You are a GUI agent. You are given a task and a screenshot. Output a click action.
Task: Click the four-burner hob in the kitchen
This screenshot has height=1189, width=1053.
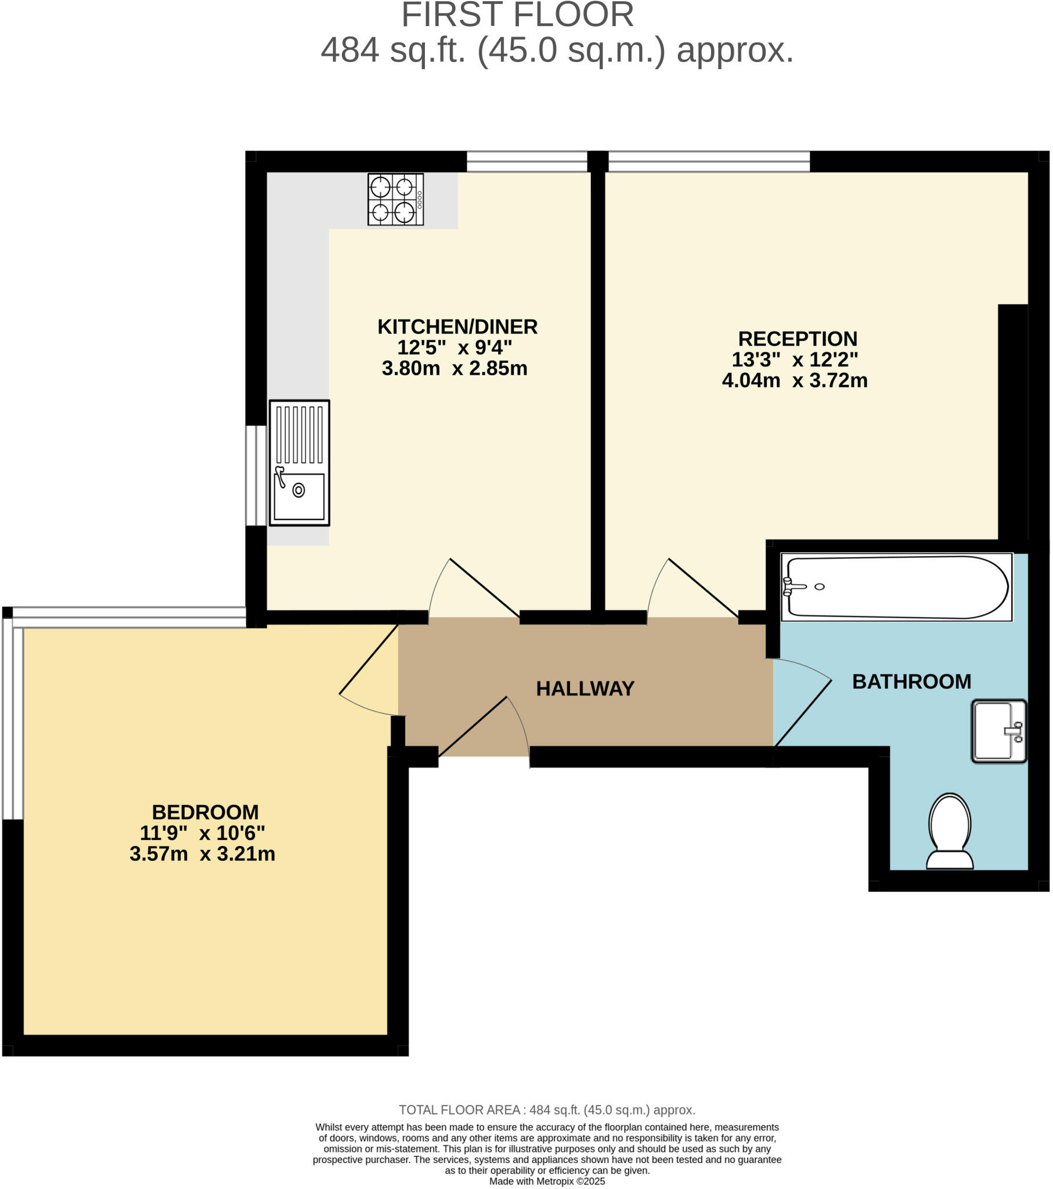[x=395, y=199]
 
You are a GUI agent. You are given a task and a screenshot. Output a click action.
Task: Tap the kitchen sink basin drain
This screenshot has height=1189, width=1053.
[x=298, y=491]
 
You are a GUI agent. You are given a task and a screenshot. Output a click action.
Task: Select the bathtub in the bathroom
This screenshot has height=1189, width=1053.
[x=896, y=587]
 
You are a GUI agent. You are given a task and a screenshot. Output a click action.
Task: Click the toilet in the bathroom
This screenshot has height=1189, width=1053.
[x=950, y=831]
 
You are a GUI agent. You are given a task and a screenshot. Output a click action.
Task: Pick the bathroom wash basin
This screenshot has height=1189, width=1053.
[x=998, y=731]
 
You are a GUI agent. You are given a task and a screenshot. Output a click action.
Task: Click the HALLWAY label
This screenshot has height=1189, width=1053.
[x=585, y=689]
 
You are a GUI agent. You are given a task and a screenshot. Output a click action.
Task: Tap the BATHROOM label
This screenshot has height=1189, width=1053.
[x=911, y=682]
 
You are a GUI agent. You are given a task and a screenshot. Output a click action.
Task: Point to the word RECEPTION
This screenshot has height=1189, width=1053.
[x=797, y=338]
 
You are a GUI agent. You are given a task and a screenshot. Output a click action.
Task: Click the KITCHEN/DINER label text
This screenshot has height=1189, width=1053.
[x=457, y=327]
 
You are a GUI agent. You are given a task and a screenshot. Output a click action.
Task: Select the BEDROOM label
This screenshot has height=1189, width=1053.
[x=205, y=812]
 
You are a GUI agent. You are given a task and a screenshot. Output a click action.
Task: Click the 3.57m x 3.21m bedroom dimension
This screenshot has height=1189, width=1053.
[x=202, y=854]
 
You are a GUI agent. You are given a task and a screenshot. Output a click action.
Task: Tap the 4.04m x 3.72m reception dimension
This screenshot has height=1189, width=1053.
[x=794, y=380]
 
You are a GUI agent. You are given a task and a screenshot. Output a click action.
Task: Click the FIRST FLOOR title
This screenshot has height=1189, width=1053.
[x=517, y=15]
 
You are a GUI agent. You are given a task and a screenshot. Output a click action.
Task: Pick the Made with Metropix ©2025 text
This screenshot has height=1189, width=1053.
[x=547, y=1181]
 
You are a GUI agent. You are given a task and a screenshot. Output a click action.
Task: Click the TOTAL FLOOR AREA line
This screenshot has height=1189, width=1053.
[x=547, y=1110]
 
